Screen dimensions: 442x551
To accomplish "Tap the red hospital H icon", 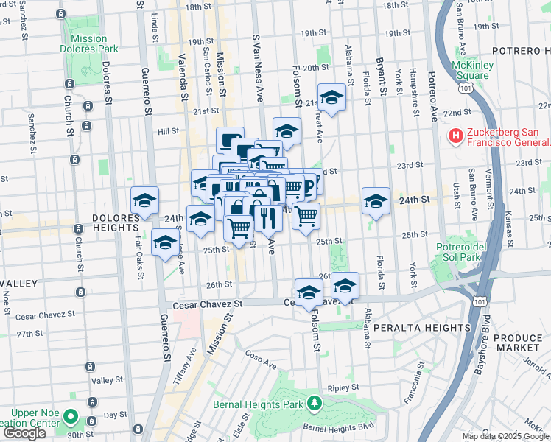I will [x=455, y=136].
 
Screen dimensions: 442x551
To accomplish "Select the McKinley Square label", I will [x=472, y=70].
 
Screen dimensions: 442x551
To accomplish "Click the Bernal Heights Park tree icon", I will [x=315, y=403].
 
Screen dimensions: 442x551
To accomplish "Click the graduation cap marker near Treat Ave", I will [x=331, y=97].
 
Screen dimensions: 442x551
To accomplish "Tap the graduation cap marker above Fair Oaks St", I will [x=145, y=200].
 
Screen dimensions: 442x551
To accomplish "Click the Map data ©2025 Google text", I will [x=505, y=436].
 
